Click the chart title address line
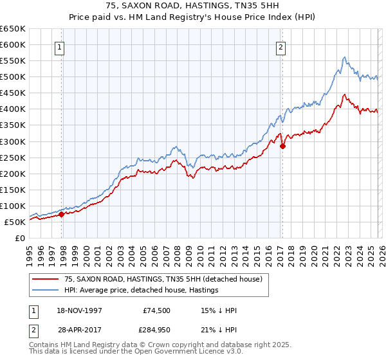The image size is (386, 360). coord(193,6)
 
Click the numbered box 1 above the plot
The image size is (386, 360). coord(59,46)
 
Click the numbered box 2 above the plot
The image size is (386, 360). coord(281,46)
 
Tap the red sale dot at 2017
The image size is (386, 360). coord(282,146)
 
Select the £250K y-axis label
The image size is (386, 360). coord(13,157)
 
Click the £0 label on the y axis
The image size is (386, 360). coord(19,238)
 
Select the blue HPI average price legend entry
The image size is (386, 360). coord(142,291)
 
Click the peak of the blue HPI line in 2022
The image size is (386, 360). coord(344,57)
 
